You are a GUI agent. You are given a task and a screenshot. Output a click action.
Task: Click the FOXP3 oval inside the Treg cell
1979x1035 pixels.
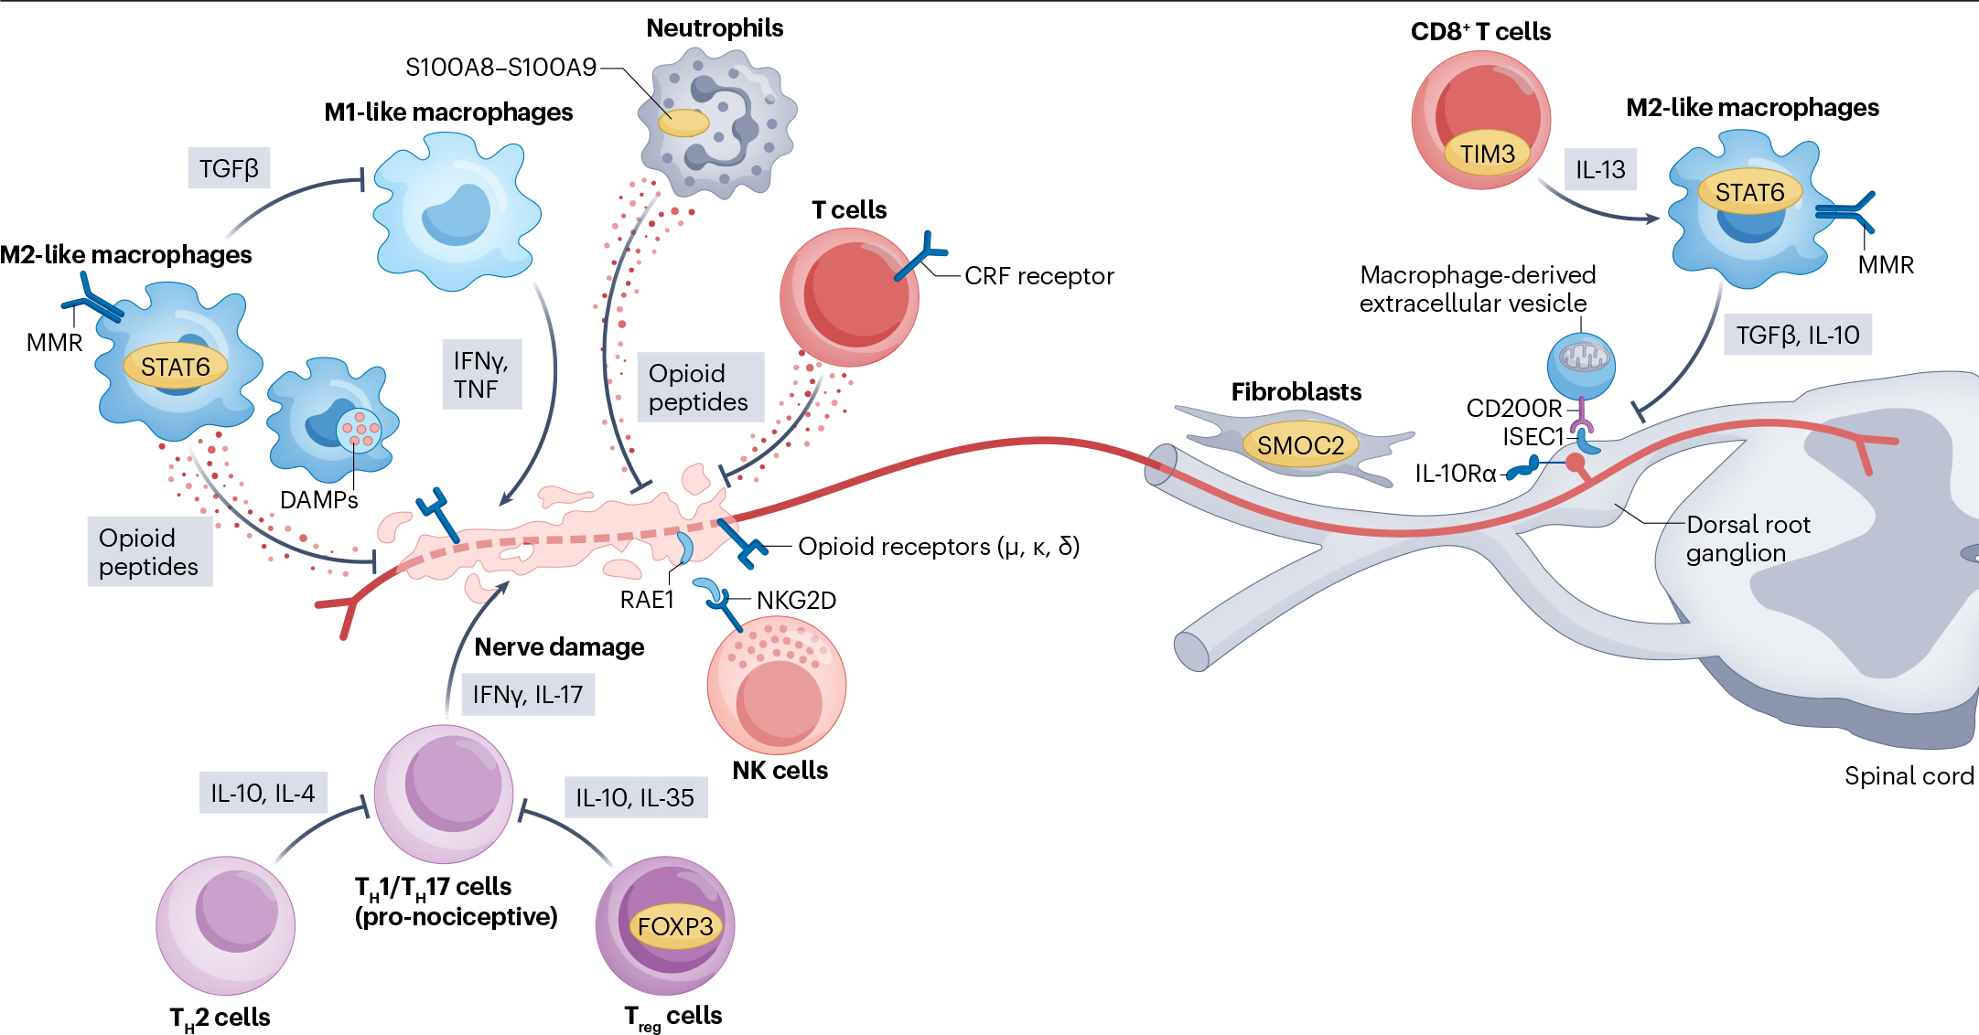[675, 926]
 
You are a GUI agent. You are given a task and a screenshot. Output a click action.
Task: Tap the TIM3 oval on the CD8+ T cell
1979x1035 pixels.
[1487, 154]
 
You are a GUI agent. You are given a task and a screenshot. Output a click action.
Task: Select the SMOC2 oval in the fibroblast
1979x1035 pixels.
[1300, 445]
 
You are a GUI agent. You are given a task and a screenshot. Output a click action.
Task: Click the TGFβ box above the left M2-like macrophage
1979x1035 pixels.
[229, 168]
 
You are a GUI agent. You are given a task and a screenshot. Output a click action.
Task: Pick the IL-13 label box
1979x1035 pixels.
[1599, 169]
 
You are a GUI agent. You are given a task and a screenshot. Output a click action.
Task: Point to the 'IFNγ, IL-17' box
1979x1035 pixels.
[527, 695]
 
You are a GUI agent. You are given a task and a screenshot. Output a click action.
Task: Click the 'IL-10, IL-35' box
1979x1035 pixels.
[634, 797]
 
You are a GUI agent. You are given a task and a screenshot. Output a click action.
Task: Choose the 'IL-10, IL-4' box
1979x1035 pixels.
[263, 793]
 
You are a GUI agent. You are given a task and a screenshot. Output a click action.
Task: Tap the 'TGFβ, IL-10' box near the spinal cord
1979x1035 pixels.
[1797, 335]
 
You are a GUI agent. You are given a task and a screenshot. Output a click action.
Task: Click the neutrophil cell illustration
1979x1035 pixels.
[718, 123]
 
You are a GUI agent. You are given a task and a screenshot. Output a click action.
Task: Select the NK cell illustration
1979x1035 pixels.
[776, 686]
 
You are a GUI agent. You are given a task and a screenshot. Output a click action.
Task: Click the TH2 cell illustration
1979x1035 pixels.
[225, 924]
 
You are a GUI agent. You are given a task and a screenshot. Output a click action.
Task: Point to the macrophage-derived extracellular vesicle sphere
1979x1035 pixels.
[1580, 364]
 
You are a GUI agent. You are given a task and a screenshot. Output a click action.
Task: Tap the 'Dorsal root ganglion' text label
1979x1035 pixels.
[1747, 539]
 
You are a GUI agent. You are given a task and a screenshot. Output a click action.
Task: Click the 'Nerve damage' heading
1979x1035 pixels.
[559, 646]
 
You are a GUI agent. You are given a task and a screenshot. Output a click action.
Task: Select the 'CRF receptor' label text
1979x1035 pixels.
[1038, 276]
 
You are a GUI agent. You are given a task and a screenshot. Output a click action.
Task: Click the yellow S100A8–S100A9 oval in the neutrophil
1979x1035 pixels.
[683, 123]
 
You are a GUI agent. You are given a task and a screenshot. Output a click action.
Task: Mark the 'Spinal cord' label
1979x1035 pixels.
[1909, 776]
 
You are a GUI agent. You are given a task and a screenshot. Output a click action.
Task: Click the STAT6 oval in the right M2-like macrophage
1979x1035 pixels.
[1749, 192]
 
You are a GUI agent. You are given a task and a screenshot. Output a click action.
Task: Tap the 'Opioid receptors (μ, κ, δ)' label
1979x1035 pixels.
[938, 547]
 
